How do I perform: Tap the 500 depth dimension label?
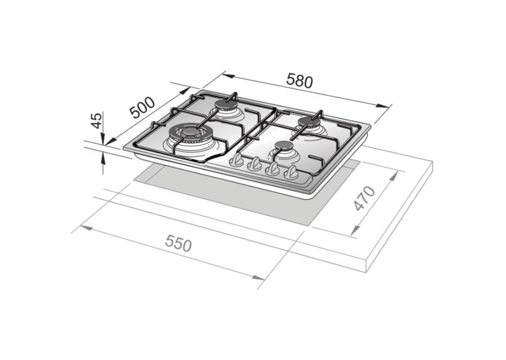coord(142,107)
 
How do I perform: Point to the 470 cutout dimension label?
coord(364,198)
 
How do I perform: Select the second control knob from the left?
coord(255,164)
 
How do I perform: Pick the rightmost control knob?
coord(291,173)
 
